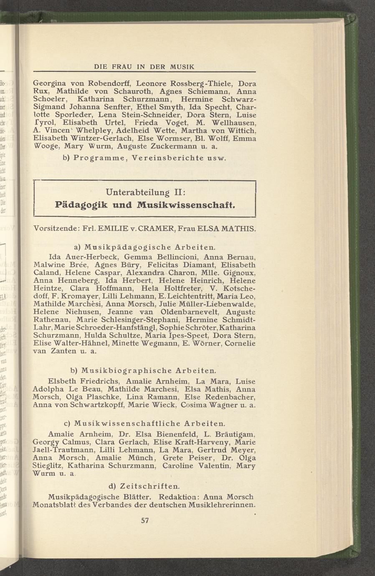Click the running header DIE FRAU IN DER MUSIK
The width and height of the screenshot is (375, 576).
[x=144, y=66]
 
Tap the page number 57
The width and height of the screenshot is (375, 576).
[x=144, y=520]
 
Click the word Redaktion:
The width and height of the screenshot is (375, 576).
[x=176, y=497]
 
